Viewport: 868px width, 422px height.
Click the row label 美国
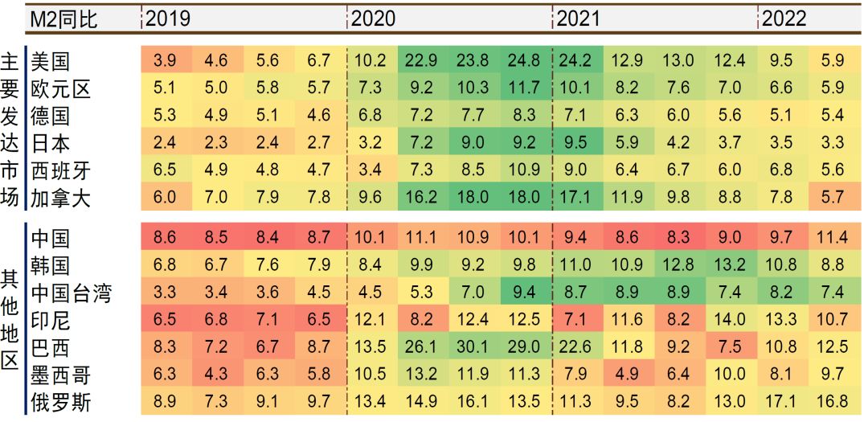click(50, 60)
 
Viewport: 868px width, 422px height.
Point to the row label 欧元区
click(61, 88)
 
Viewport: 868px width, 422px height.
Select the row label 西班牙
click(61, 170)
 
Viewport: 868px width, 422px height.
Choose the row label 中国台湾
click(72, 293)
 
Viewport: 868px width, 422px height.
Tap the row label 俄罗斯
click(61, 402)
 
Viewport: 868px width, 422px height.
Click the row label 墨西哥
click(61, 375)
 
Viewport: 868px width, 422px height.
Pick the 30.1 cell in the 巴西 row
click(473, 347)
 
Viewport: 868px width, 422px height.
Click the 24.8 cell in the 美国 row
click(525, 60)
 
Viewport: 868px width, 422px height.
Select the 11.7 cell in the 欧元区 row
click(525, 88)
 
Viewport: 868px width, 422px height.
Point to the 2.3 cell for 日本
click(216, 142)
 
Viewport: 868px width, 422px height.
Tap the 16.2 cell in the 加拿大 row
click(422, 197)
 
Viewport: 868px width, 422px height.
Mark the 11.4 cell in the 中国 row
click(832, 238)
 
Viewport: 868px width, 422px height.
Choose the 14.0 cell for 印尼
click(730, 320)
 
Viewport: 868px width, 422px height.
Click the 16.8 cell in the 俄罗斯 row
click(832, 402)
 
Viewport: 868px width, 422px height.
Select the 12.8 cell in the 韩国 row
click(678, 265)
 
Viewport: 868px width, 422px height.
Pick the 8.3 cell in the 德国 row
click(525, 115)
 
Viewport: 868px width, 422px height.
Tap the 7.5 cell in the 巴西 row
click(730, 347)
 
